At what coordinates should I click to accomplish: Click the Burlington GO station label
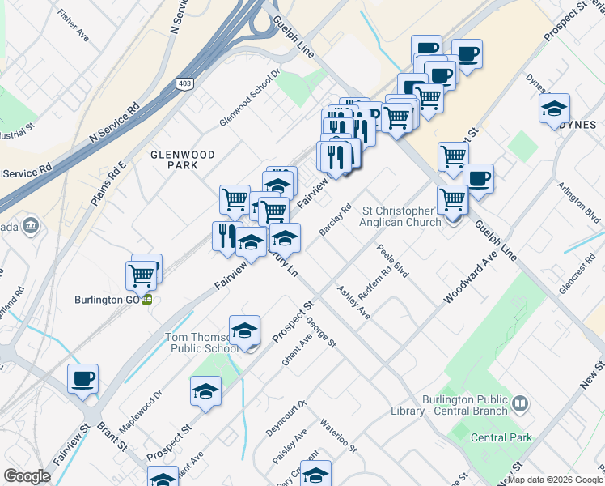pos(103,297)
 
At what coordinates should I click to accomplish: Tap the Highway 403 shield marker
pos(185,83)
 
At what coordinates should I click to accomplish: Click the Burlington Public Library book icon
pos(521,403)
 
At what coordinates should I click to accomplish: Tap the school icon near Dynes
pos(554,109)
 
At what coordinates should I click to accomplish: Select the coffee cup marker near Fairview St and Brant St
pos(82,378)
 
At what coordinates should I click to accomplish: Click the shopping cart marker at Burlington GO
pos(142,275)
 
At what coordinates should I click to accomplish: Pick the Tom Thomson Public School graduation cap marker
pos(244,330)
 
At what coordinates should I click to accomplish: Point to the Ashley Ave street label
pos(353,302)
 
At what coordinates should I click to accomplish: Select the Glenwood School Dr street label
pos(250,98)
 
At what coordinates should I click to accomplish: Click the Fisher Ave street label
pos(73,25)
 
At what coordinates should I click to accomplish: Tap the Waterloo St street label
pos(337,436)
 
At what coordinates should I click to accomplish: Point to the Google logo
pos(27,476)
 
